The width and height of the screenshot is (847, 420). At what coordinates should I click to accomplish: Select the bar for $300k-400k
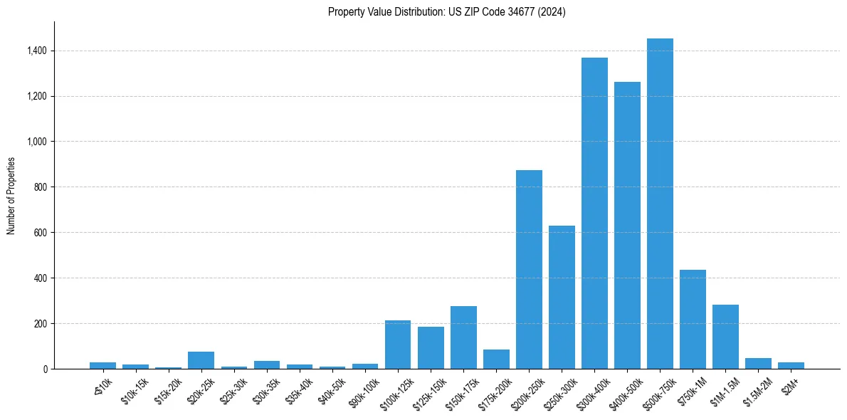(x=594, y=214)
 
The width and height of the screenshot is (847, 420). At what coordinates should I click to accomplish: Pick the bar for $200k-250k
(x=529, y=270)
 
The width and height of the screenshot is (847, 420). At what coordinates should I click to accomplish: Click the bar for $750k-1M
(x=693, y=320)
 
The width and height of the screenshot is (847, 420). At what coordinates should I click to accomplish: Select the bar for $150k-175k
(x=463, y=337)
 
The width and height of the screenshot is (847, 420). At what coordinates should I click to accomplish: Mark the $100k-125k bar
(x=398, y=345)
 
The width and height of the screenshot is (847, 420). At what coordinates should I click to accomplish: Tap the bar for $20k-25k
(x=201, y=360)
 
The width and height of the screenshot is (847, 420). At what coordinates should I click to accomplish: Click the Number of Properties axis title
(x=11, y=196)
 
